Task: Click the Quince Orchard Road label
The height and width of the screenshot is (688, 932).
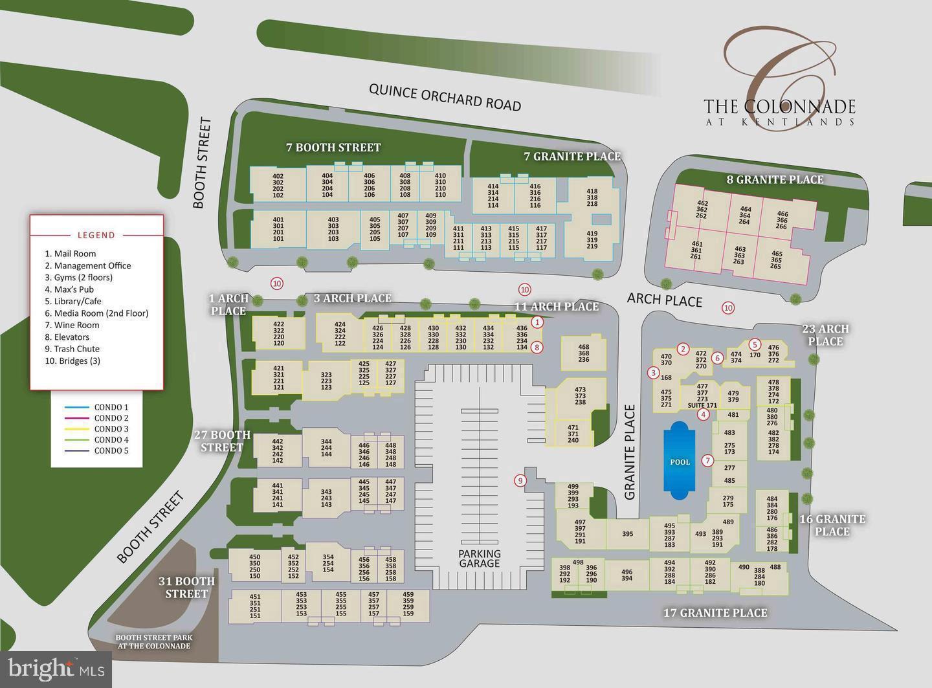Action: (x=445, y=96)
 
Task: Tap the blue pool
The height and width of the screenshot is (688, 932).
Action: (x=680, y=460)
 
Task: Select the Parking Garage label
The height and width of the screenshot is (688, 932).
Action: (x=480, y=558)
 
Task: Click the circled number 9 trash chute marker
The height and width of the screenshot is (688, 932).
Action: (x=519, y=480)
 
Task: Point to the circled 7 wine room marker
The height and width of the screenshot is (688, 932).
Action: (x=708, y=461)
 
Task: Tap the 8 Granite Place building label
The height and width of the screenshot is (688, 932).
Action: (x=775, y=179)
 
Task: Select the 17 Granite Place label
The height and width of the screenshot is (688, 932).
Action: (x=715, y=612)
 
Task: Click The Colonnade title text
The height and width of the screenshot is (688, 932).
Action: (x=779, y=107)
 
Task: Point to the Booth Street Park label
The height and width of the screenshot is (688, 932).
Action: (x=153, y=641)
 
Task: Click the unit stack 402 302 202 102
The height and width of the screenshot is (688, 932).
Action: (x=278, y=186)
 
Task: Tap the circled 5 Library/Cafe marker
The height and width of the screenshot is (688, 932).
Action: (x=754, y=344)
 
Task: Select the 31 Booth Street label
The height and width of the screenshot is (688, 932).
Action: (x=186, y=587)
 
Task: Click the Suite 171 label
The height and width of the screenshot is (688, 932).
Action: (x=702, y=406)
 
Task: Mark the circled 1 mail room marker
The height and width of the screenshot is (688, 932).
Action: (x=537, y=322)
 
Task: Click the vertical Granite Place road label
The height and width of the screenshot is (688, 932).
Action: (x=631, y=452)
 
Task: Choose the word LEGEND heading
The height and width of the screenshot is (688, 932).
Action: (x=96, y=235)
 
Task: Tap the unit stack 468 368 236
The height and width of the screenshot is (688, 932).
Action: (x=583, y=353)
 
